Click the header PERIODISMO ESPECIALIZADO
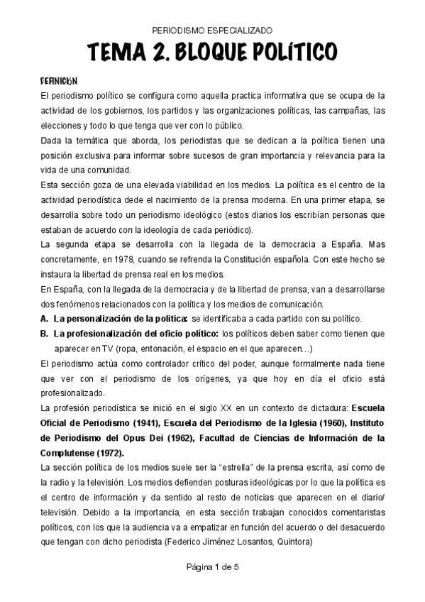[212, 31]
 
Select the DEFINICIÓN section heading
[58, 81]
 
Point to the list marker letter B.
[44, 332]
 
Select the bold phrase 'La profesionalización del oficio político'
[136, 332]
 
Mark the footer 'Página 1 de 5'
[212, 586]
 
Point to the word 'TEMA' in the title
[114, 52]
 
